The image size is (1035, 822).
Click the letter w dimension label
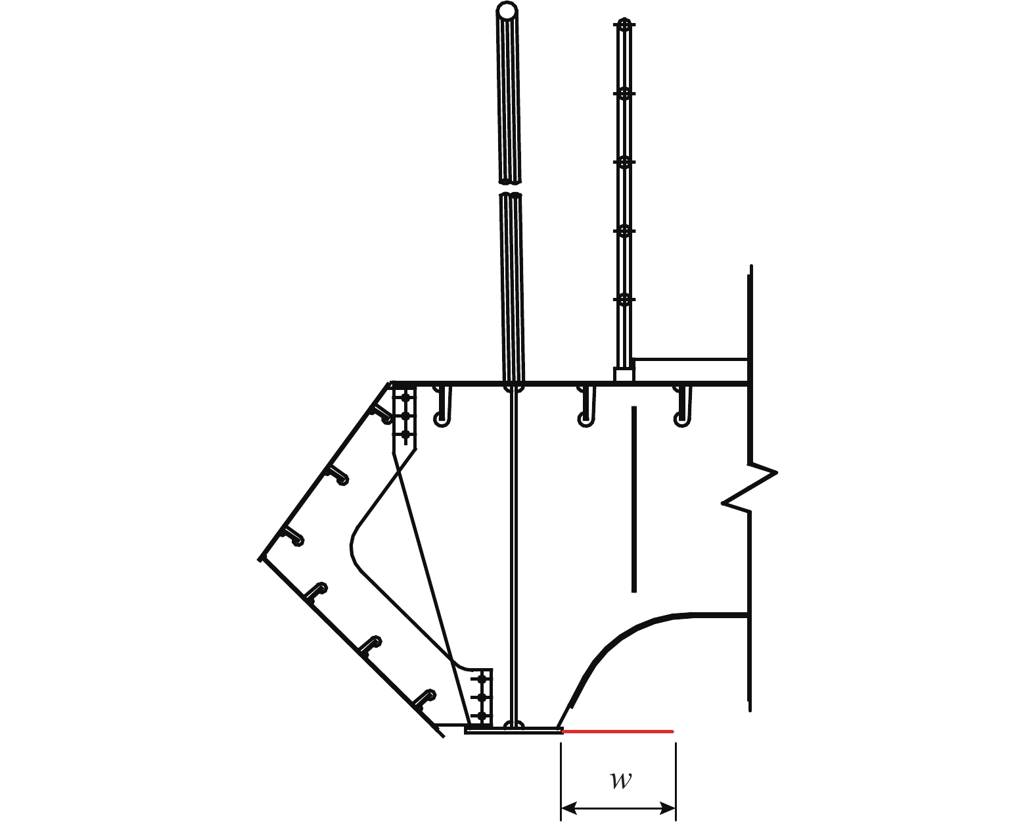[621, 781]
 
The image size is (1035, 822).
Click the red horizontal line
[618, 731]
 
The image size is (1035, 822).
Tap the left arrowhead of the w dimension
[570, 809]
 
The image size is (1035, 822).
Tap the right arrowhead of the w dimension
[668, 809]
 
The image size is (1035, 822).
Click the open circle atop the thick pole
[507, 10]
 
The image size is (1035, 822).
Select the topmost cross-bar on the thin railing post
[624, 24]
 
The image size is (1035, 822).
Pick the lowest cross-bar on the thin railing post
[624, 299]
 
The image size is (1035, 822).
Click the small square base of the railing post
[624, 375]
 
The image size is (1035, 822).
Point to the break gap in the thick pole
[510, 188]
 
